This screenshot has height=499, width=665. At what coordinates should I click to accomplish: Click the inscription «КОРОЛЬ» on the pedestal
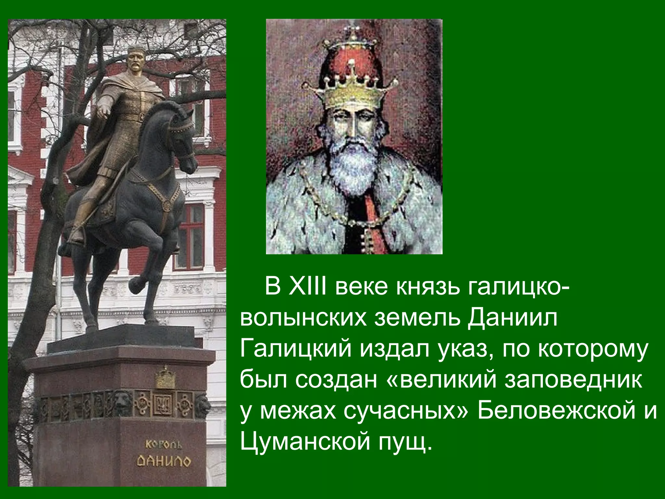tap(163, 444)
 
